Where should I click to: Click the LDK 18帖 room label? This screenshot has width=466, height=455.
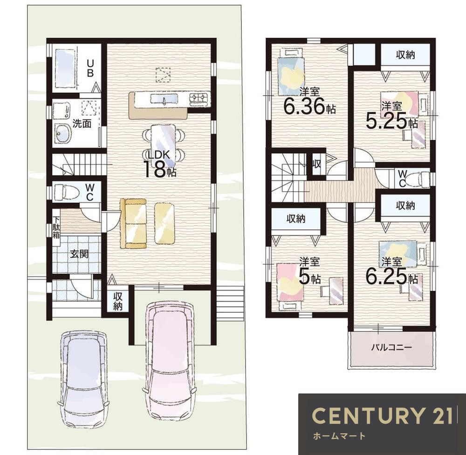159,164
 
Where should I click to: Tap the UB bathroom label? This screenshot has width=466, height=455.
90,68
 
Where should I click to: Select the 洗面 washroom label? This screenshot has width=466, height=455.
82,124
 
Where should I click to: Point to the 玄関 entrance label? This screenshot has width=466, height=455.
79,254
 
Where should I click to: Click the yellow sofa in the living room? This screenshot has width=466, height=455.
133,223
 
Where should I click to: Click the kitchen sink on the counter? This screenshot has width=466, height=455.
164,98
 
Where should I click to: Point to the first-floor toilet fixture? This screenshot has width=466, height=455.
66,192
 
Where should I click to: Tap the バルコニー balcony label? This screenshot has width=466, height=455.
391,347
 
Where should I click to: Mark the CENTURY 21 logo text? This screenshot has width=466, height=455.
382,415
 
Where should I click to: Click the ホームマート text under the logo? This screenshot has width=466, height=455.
339,436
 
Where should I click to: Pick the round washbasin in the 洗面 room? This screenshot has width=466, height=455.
62,133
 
